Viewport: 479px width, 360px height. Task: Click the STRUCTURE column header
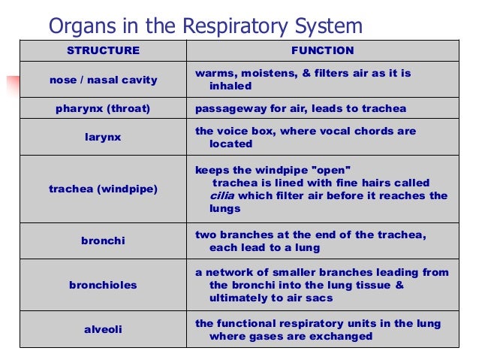103,51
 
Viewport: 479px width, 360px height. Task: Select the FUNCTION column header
322,51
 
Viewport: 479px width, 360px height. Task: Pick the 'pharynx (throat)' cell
103,109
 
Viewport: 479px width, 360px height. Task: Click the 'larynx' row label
103,138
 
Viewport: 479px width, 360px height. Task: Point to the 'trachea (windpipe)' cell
103,189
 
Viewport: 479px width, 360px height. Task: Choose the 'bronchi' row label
103,241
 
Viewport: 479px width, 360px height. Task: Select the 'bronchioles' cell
103,286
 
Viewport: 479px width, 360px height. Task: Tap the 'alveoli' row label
103,329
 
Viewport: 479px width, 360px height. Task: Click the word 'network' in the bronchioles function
229,272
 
